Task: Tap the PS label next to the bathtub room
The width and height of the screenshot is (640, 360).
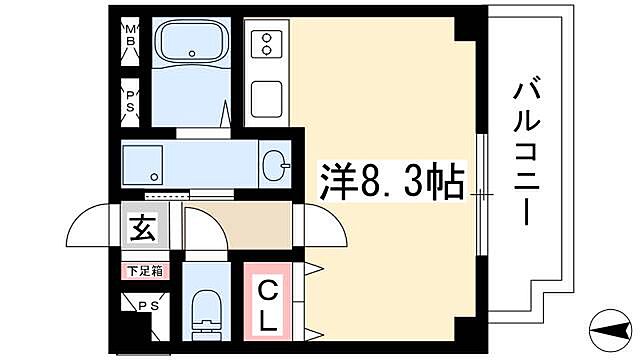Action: point(130,100)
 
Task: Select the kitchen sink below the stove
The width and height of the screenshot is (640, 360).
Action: point(267,99)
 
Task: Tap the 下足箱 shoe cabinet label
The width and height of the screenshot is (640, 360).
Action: point(139,270)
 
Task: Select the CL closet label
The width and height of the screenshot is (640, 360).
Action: point(269,305)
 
